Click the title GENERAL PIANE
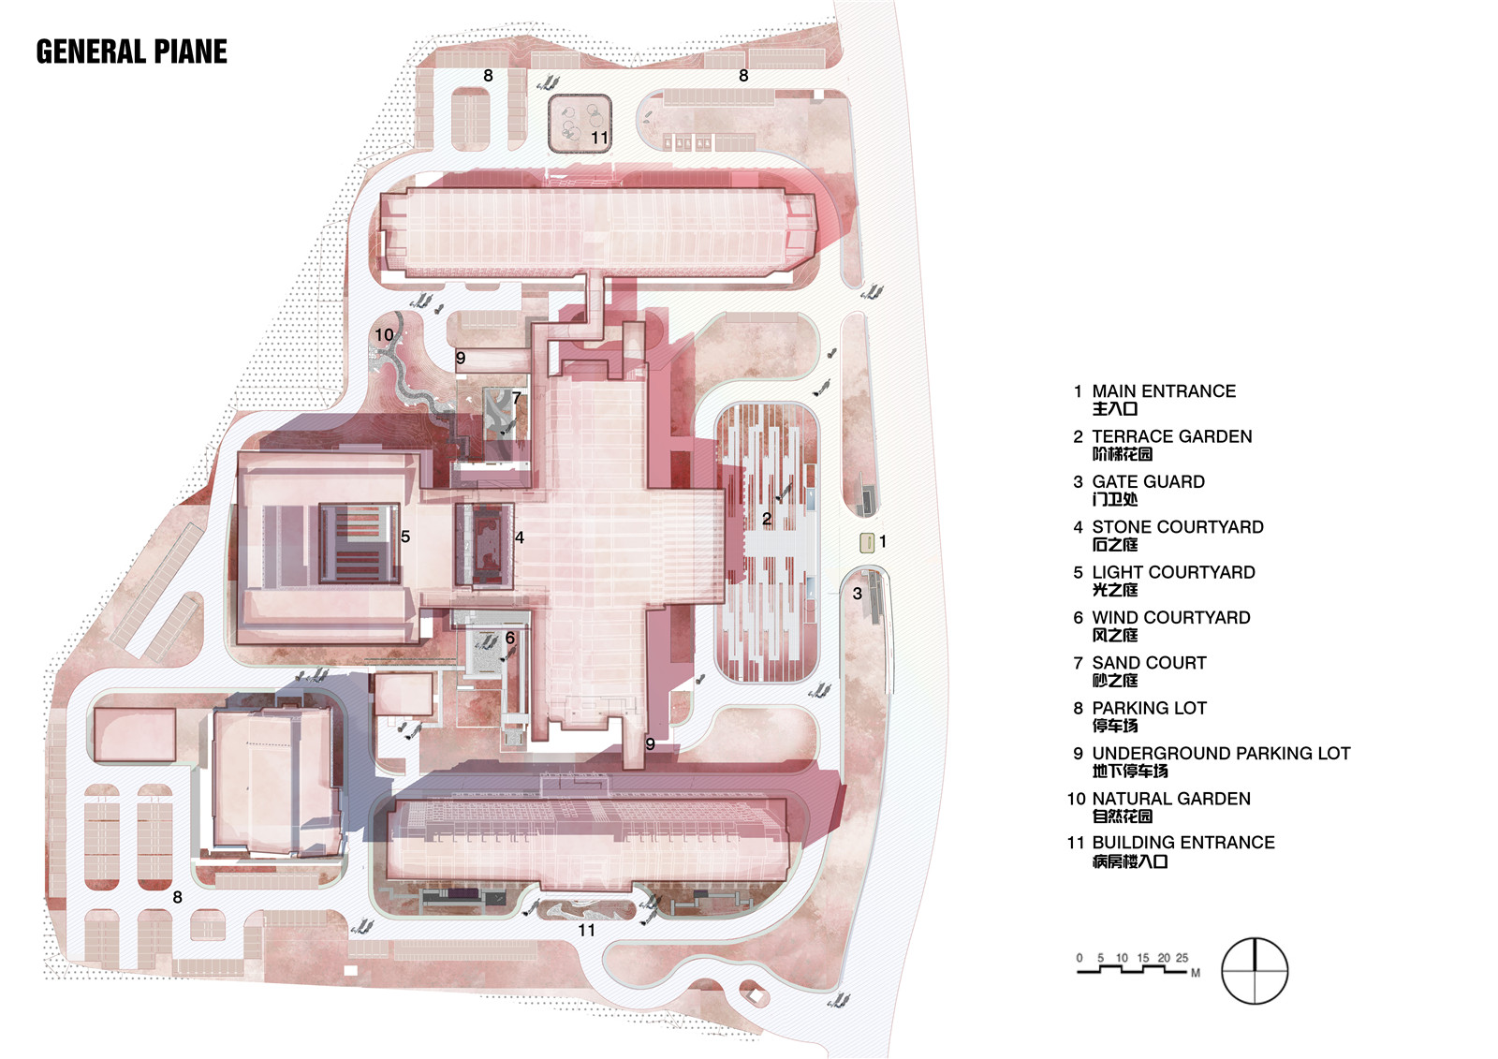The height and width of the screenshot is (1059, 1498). (x=132, y=52)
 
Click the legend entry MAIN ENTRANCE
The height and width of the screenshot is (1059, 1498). (x=1164, y=391)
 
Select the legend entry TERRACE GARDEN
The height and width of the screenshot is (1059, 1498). (x=1171, y=437)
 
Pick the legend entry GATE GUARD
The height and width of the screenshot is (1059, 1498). (x=1148, y=481)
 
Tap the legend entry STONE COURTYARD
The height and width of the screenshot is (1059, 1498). (x=1178, y=527)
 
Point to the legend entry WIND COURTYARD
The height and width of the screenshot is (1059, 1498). (x=1171, y=617)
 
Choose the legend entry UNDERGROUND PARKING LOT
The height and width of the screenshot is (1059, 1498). (x=1221, y=753)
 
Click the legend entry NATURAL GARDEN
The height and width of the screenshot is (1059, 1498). (x=1171, y=799)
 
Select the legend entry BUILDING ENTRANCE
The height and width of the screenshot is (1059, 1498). (x=1183, y=843)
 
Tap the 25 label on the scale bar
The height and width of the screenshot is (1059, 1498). (x=1182, y=958)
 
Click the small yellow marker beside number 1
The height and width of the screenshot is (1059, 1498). (x=867, y=542)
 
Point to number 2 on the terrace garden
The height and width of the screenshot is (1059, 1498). (x=767, y=519)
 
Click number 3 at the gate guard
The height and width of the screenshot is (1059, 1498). (x=858, y=594)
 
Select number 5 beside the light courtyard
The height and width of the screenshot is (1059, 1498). (x=405, y=537)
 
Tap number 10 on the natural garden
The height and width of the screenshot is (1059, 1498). (x=384, y=334)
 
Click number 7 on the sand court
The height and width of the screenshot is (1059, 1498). (x=516, y=398)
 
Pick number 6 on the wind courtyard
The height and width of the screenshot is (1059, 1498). (x=510, y=639)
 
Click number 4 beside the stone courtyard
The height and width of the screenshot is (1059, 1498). (x=520, y=537)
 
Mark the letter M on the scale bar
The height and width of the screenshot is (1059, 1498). (x=1195, y=974)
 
